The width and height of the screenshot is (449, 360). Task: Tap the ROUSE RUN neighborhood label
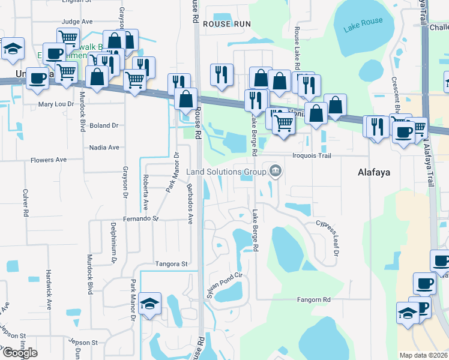[226, 23]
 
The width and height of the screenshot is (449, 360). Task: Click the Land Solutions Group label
[226, 172]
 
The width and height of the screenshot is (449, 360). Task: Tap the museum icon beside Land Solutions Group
[276, 172]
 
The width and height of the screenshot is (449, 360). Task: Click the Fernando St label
[140, 219]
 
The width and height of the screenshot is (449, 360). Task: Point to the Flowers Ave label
[49, 160]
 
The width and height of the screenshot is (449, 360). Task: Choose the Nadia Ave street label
[104, 147]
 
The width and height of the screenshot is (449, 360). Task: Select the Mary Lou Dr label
[56, 104]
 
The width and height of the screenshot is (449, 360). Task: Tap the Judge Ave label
[78, 22]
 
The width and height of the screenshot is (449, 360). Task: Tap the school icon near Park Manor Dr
[149, 303]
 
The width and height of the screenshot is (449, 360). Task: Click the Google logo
[20, 353]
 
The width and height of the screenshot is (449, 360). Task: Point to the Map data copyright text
[424, 355]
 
